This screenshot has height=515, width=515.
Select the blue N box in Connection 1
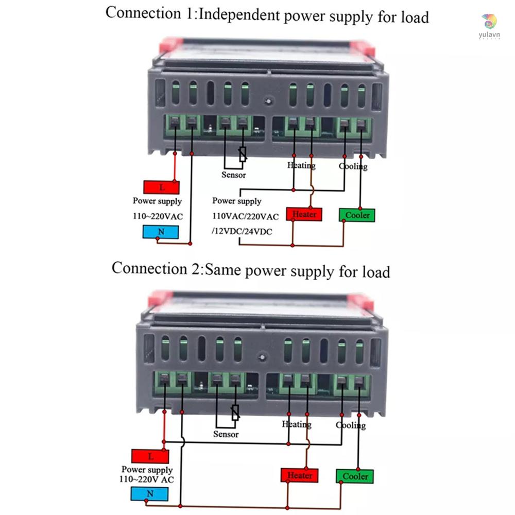coord(161,232)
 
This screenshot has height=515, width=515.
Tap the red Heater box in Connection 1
coord(304,214)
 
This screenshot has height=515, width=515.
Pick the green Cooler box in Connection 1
coord(357,215)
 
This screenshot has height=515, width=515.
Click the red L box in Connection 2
coord(150,456)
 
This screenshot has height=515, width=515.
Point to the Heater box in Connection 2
coord(300,475)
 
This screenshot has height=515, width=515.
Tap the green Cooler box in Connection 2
coord(355,476)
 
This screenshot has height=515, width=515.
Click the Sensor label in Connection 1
coord(233,175)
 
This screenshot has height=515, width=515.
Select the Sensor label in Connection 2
coord(226,434)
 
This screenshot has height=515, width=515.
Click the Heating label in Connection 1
coord(301,165)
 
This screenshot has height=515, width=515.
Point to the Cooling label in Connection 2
coord(351,425)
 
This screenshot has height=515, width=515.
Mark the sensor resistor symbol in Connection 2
coord(235,412)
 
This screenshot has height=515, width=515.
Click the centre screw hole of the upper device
coord(267,101)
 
